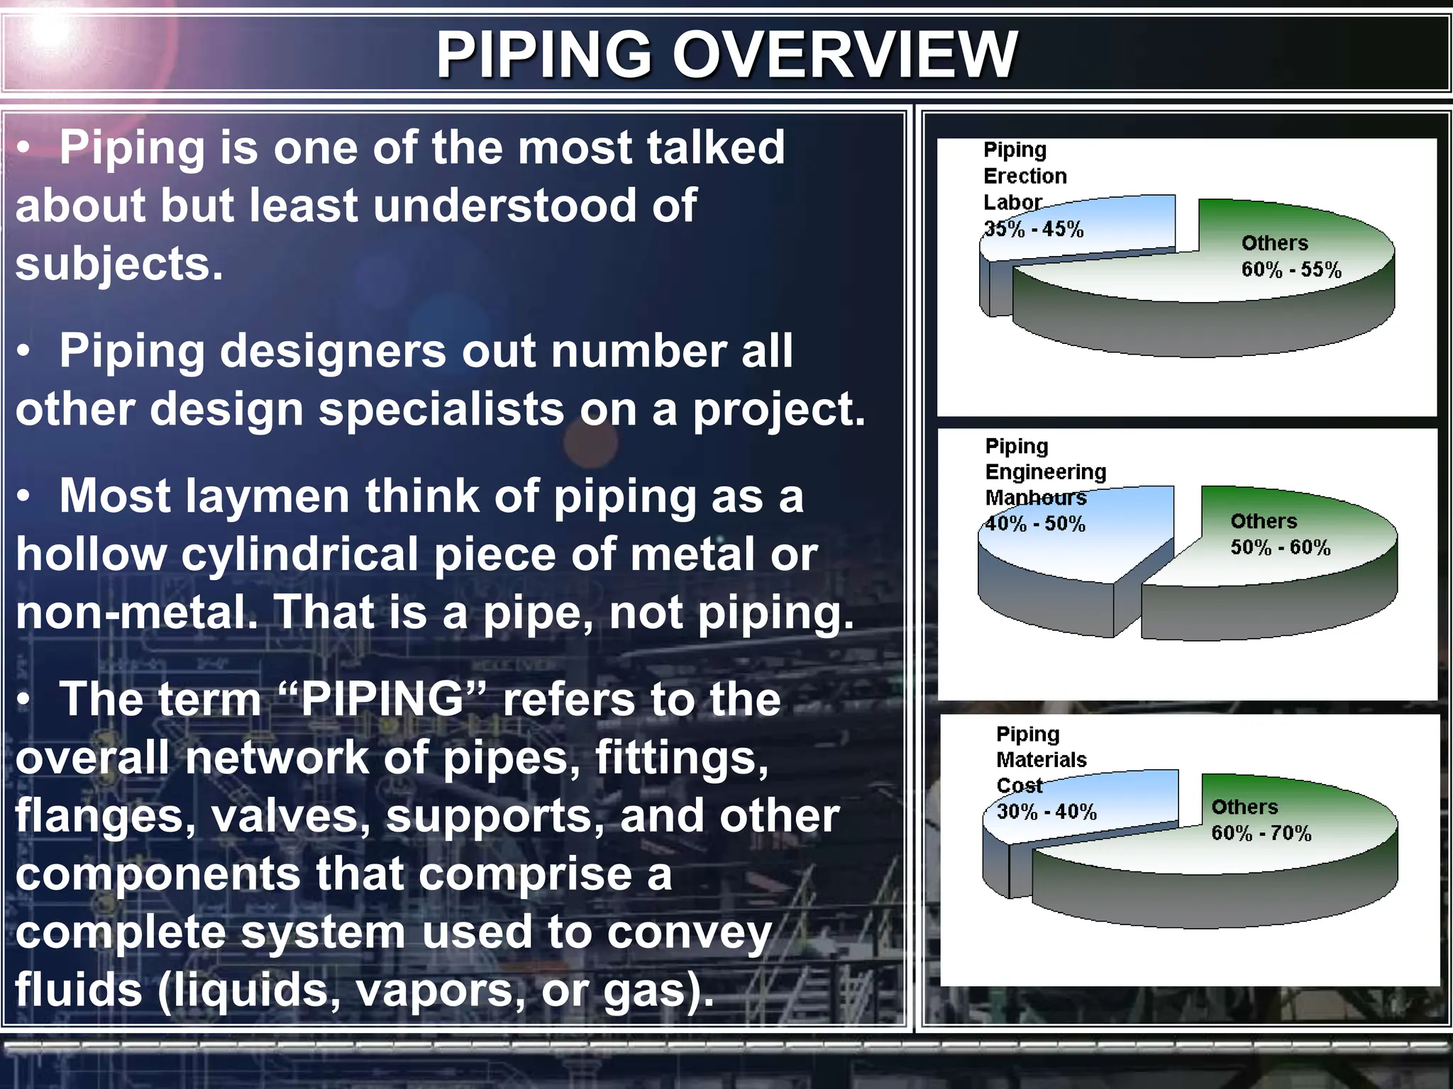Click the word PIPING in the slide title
pos(543,55)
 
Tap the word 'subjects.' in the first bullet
pos(119,264)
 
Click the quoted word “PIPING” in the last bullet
pos(384,700)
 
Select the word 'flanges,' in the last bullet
pos(106,816)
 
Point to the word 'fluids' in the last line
pos(79,990)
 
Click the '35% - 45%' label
pos(1034,230)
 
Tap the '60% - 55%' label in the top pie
pos(1291,270)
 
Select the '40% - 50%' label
pos(1035,525)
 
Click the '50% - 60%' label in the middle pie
pos(1281,548)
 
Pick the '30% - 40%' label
pos(1046,812)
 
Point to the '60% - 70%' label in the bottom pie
pos(1261,834)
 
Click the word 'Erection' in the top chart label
pos(1024,177)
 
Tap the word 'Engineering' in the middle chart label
pos(1046,472)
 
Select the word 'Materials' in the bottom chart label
pos(1042,760)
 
